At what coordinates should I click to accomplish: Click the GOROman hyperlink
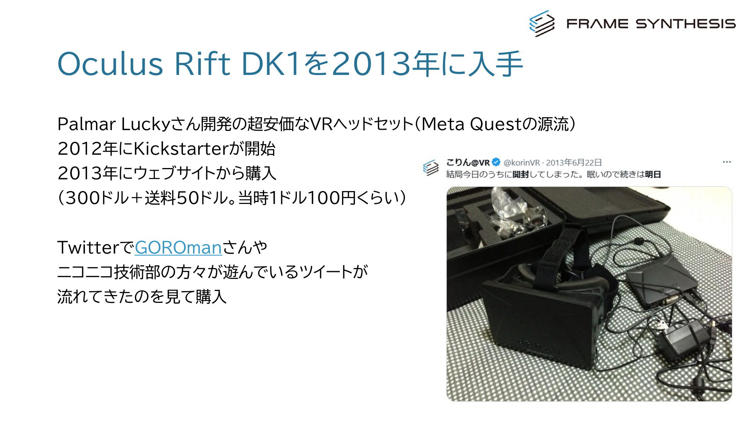(178, 248)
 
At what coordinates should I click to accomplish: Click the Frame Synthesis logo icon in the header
(542, 23)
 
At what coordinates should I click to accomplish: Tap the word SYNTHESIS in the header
(686, 24)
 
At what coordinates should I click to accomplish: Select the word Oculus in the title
(110, 64)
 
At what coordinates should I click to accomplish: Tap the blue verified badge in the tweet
(496, 162)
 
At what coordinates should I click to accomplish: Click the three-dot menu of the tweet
(726, 162)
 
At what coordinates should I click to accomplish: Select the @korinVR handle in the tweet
(522, 163)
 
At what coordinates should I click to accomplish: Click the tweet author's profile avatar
(431, 168)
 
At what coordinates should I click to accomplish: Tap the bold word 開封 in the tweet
(520, 175)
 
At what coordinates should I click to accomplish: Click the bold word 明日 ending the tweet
(653, 175)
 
